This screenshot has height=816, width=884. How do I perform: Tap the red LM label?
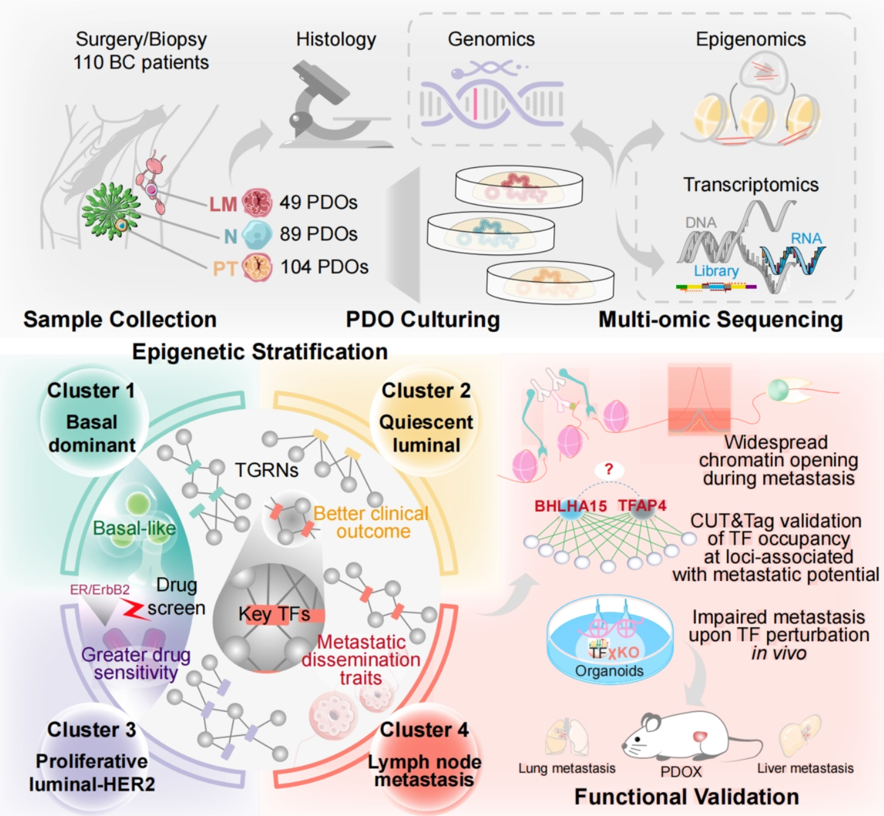pos(223,205)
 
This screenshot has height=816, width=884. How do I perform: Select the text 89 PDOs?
pos(318,234)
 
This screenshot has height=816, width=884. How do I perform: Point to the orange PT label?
pos(224,269)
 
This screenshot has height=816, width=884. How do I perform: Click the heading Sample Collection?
pos(120,320)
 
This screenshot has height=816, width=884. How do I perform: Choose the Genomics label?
pos(491,40)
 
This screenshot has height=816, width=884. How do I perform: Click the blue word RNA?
pos(806,239)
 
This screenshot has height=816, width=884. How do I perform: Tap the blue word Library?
pos(716,271)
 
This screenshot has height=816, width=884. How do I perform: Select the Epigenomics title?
pos(751,40)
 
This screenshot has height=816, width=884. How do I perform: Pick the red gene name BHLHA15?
pos(570,506)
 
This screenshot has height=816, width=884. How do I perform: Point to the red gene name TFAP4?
pos(642,505)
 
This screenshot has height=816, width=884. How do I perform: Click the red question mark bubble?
pos(608,470)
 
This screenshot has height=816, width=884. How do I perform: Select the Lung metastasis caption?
pos(567,769)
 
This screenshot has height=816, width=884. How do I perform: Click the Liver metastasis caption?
pos(805,769)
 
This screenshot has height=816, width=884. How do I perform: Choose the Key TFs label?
pos(274,614)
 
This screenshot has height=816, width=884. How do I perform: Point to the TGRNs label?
pos(267,470)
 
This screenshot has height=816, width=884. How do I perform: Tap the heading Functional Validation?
pos(687,797)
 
